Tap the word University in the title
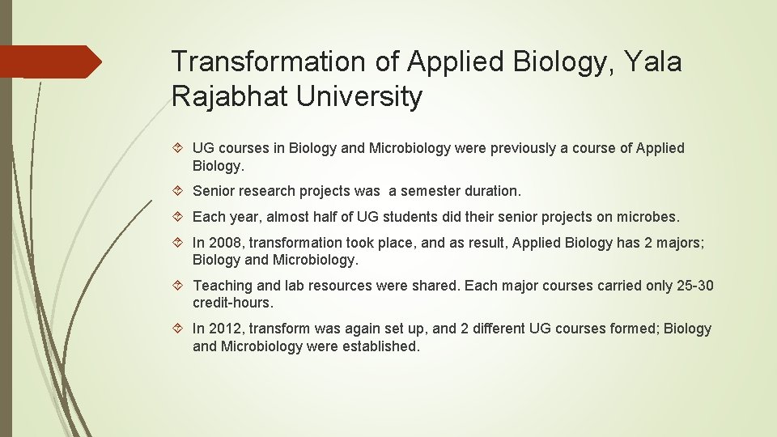tap(359, 96)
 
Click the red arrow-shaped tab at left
tap(50, 62)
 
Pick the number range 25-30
tap(694, 286)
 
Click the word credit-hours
tap(233, 303)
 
